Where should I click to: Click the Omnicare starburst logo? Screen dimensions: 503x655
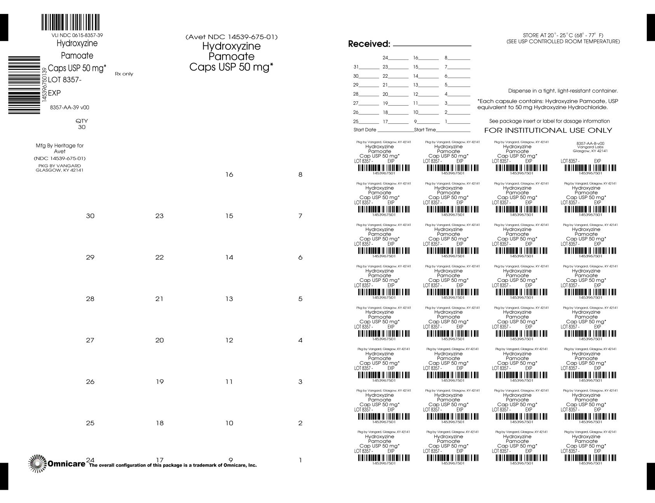(37, 463)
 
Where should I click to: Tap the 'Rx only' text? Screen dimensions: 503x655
(124, 74)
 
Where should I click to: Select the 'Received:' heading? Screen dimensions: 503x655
(369, 44)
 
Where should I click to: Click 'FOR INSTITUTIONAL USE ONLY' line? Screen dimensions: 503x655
(548, 130)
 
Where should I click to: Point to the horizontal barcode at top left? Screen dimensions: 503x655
(70, 23)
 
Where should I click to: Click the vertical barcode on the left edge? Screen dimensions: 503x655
(24, 85)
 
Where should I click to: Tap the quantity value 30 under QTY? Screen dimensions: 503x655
(82, 127)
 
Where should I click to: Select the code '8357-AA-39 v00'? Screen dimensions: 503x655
(70, 108)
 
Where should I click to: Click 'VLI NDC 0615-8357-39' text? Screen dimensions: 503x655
(77, 35)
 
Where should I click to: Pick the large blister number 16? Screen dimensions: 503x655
(229, 175)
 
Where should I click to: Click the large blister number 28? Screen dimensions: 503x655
(90, 299)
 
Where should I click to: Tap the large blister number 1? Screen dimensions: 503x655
(300, 460)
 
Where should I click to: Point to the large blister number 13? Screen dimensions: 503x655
(229, 299)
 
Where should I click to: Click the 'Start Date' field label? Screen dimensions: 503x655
(365, 130)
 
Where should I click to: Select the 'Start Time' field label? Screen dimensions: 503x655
(425, 130)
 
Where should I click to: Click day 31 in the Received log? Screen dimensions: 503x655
(356, 66)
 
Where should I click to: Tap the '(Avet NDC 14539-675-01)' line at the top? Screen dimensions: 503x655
(232, 37)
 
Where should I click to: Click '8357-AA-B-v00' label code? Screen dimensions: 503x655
(590, 143)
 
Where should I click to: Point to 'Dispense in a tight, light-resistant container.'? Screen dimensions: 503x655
(563, 91)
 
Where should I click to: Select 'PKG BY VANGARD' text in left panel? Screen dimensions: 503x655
(59, 166)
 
